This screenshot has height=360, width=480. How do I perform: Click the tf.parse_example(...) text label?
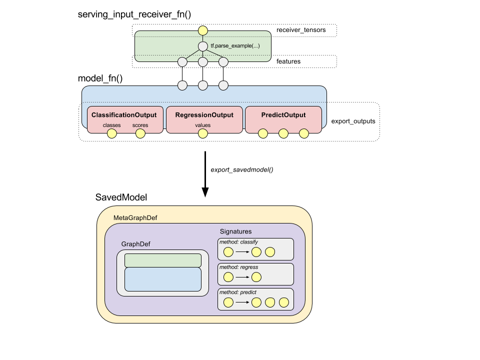point(235,46)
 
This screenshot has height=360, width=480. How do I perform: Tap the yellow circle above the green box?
point(202,30)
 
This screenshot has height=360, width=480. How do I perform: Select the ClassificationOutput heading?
point(124,115)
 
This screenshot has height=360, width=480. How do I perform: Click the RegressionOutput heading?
point(204,115)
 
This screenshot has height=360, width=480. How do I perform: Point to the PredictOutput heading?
point(283,115)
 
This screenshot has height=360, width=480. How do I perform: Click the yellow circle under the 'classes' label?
point(111,133)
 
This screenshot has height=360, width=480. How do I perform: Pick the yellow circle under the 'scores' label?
point(140,133)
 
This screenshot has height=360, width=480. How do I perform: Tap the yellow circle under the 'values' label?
point(202,133)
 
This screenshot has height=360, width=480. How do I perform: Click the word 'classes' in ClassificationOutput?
point(111,125)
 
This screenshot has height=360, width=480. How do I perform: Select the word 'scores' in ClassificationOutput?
point(140,125)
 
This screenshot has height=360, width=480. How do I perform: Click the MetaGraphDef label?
point(135,218)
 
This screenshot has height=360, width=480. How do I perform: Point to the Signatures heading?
point(235,231)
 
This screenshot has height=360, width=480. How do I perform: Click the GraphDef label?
point(135,244)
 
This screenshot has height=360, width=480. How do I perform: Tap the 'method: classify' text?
point(238,242)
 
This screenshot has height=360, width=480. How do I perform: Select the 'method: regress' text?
point(238,267)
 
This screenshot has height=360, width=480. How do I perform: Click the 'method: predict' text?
point(237,292)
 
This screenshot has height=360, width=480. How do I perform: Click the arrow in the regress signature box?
point(242,277)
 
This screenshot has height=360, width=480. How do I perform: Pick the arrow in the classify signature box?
point(242,252)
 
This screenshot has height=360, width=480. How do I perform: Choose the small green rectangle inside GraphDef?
point(162,260)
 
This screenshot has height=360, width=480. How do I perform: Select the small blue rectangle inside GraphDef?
point(162,279)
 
